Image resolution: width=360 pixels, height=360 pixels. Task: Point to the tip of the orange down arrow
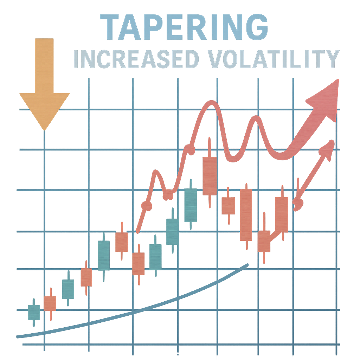click(x=44, y=130)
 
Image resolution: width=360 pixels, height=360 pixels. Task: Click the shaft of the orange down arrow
click(x=44, y=65)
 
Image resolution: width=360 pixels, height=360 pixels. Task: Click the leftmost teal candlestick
click(x=34, y=312)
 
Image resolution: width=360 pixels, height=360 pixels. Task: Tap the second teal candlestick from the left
click(x=68, y=289)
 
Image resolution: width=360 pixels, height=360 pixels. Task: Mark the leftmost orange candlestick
click(x=50, y=303)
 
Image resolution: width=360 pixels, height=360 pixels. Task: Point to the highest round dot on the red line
click(x=190, y=149)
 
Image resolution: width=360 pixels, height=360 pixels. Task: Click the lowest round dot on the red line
click(x=147, y=206)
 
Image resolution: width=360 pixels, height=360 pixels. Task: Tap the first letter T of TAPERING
click(x=109, y=27)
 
